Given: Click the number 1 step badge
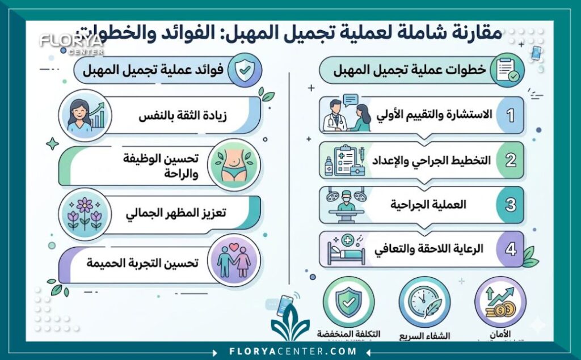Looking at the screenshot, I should coord(510,115).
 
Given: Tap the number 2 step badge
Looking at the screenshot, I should coord(510,160).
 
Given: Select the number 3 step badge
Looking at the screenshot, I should coord(510,205).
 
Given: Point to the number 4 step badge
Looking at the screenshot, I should coord(510,249).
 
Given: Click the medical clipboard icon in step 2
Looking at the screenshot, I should coord(345,160).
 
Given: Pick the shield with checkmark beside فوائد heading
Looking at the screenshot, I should coord(243,70).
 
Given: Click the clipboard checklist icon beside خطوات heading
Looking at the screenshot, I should coord(507,70).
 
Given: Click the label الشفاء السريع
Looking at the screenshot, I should coord(424,336).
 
